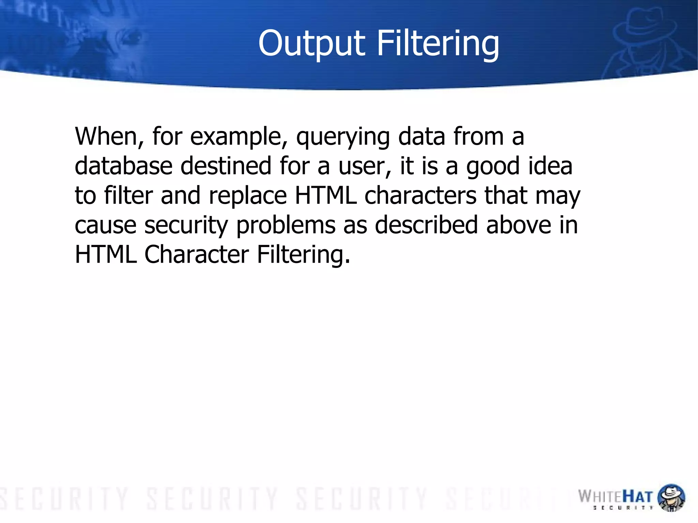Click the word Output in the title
point(312,44)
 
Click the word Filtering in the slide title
point(438,44)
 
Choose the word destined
point(226,166)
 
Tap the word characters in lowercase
point(420,196)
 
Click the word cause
point(105,226)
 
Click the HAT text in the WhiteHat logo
point(637,497)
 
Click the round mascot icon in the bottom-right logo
point(671,497)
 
